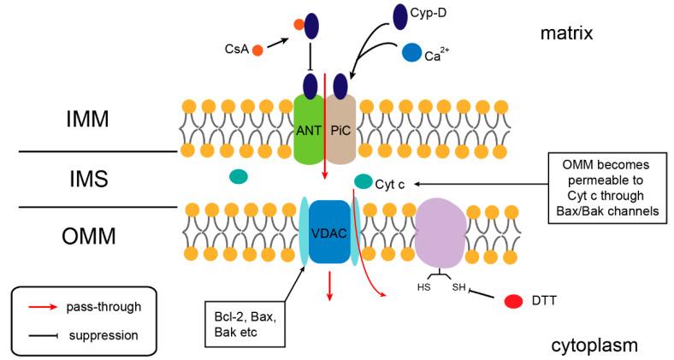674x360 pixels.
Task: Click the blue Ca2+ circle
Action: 411,53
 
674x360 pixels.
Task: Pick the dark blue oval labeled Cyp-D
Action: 399,15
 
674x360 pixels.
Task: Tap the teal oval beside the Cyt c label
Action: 363,180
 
